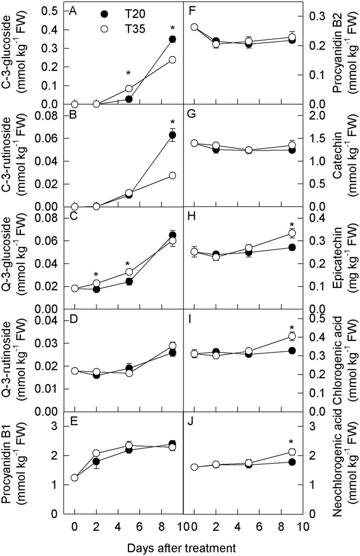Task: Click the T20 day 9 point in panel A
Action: [172, 39]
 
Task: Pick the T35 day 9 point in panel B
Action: [172, 176]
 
